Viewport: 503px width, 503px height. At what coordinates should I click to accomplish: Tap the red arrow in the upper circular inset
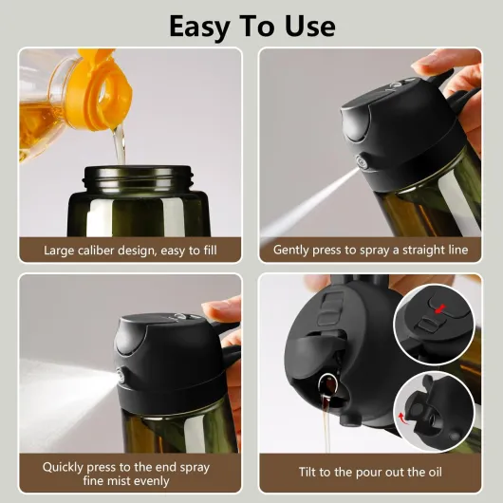tap(438, 308)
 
